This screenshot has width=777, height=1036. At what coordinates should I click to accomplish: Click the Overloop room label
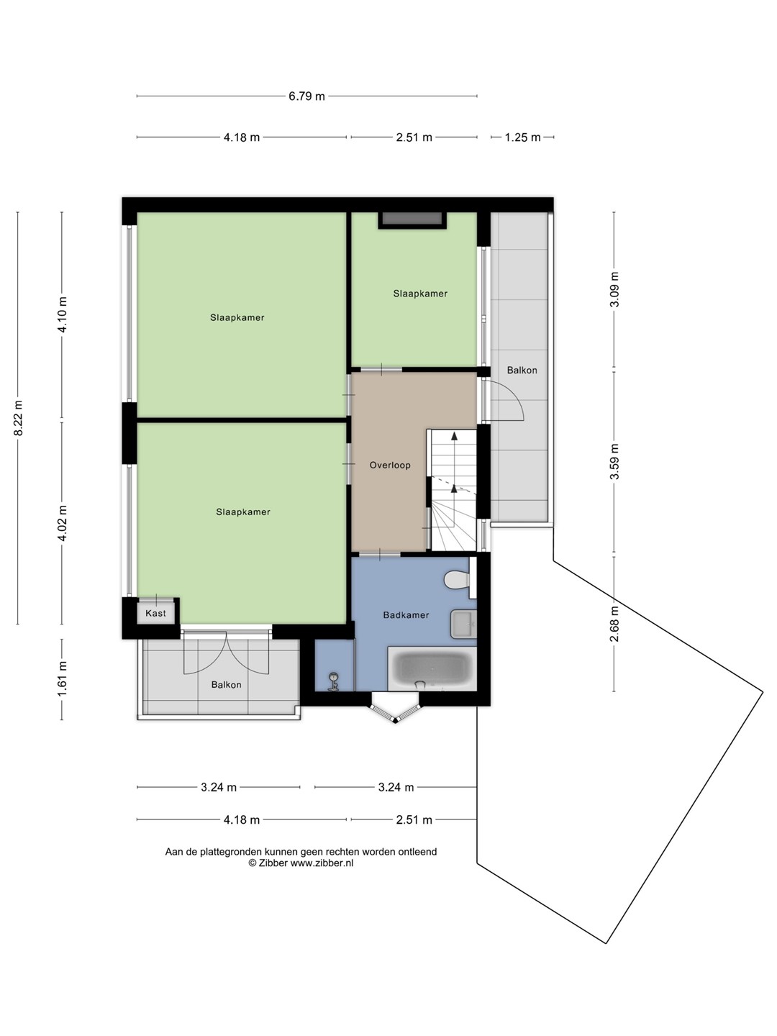(390, 465)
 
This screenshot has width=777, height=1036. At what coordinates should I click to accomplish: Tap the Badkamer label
(406, 615)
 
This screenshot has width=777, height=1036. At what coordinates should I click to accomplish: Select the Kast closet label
(155, 613)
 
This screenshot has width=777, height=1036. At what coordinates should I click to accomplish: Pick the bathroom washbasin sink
(463, 624)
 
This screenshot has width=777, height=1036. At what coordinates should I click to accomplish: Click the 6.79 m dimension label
(306, 96)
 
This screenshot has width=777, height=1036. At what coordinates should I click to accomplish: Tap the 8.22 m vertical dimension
(18, 418)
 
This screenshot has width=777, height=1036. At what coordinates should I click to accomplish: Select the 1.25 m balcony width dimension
(522, 137)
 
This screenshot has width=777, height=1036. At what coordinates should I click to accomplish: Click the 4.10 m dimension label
(63, 314)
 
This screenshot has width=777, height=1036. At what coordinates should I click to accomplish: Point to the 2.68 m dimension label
(614, 624)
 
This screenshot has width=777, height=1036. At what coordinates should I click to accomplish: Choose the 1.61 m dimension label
(63, 678)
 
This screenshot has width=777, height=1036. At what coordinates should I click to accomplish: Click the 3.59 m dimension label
(614, 462)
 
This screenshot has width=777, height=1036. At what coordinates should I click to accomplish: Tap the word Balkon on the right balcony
(522, 370)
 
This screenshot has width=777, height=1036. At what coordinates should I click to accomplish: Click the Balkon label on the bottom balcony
(227, 684)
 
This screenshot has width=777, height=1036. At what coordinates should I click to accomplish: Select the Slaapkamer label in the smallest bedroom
(420, 294)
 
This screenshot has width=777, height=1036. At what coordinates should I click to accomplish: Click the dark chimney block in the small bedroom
(412, 220)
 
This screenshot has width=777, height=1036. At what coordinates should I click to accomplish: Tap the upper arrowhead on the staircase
(454, 436)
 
